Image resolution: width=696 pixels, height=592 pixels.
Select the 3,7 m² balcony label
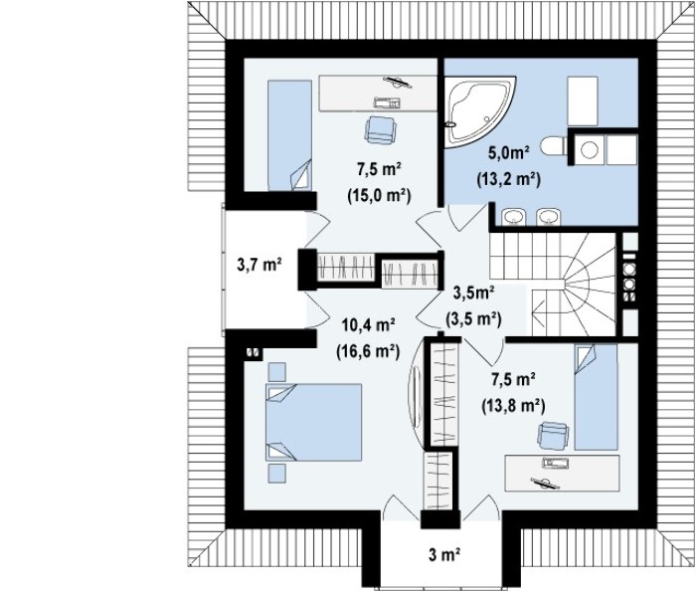click(260, 266)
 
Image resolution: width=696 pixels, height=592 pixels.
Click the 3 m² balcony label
click(443, 555)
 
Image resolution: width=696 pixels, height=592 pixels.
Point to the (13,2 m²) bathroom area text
click(509, 179)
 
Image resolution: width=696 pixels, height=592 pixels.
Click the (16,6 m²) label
click(369, 351)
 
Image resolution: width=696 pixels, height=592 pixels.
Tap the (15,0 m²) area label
click(379, 195)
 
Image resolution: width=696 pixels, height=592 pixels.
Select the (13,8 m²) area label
click(513, 405)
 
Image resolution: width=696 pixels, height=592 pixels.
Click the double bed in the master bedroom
click(313, 422)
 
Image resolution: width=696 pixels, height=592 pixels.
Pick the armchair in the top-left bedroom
click(381, 130)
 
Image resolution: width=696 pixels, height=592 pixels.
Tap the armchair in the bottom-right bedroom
click(553, 436)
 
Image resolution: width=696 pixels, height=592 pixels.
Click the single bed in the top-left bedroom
click(289, 135)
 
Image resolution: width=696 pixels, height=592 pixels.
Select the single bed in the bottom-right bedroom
click(596, 397)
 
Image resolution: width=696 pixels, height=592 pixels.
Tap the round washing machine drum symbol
click(590, 150)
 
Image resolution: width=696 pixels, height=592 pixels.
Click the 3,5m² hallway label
click(473, 294)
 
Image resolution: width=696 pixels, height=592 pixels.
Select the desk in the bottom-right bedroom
click(562, 473)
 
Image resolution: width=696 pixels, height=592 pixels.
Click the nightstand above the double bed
click(276, 372)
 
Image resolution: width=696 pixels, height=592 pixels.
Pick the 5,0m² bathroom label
click(509, 153)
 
